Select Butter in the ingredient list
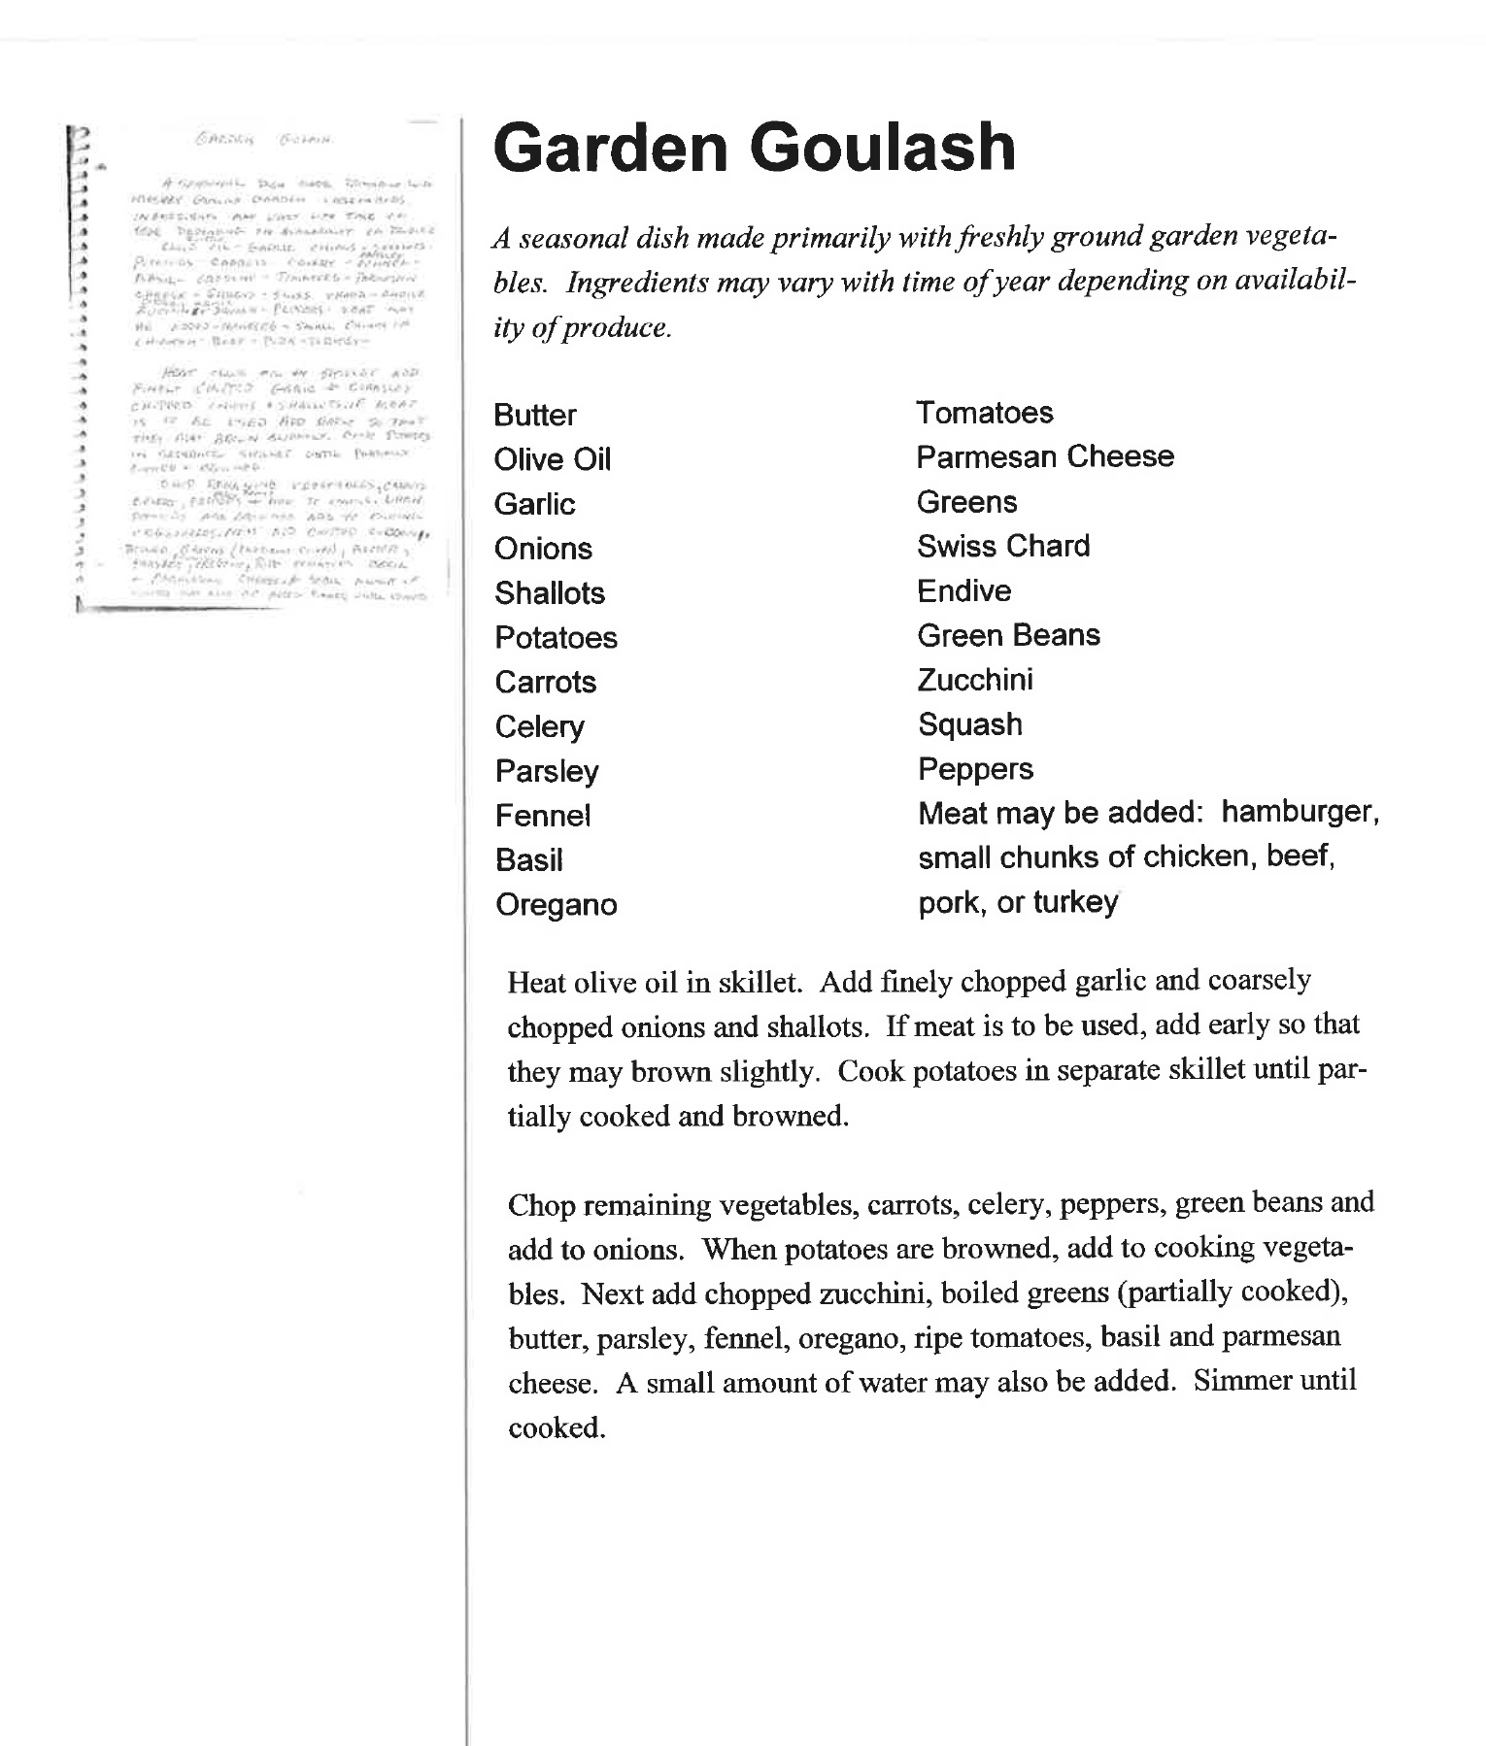pos(534,415)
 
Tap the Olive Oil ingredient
pos(552,459)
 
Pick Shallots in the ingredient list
pos(549,593)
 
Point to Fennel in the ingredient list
pos(542,816)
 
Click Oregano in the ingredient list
pos(556,905)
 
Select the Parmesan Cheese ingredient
pos(1045,456)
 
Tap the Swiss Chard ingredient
pos(1003,546)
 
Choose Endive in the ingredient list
pos(964,590)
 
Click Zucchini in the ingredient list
pos(975,680)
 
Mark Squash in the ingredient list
pos(970,724)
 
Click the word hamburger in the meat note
pos(1300,812)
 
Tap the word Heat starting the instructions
pos(537,983)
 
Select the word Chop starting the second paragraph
pos(541,1205)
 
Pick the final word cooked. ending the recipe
pos(557,1427)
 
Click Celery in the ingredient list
pos(539,726)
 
